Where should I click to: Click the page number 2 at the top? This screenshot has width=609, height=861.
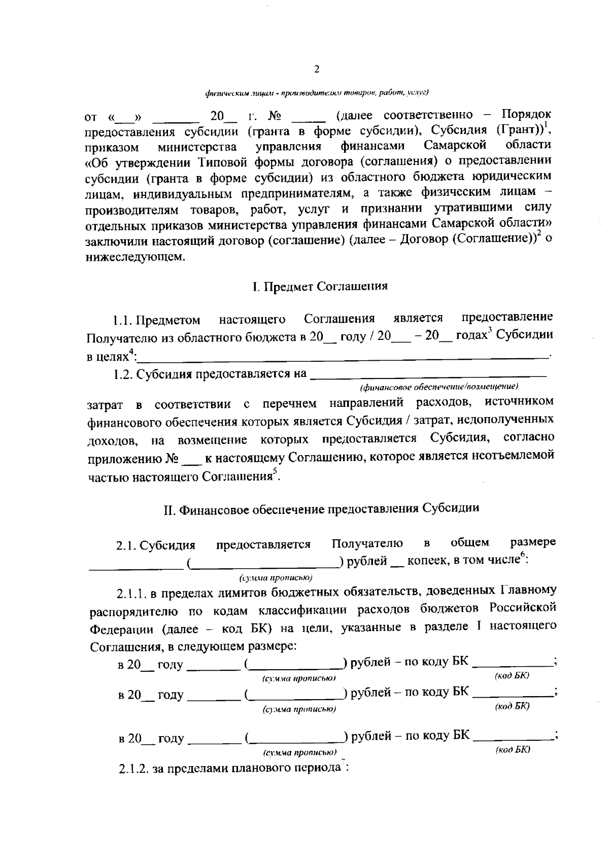pos(317,70)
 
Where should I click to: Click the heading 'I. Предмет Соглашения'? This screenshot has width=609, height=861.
pos(320,286)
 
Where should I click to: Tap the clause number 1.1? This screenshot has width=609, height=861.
pos(124,321)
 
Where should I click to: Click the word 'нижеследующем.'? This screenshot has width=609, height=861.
pos(135,257)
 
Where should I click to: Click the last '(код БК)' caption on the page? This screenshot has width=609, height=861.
pos(513,749)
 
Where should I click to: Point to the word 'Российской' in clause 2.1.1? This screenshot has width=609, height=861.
pos(523,608)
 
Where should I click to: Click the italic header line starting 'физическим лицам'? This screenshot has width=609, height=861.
pos(317,93)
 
